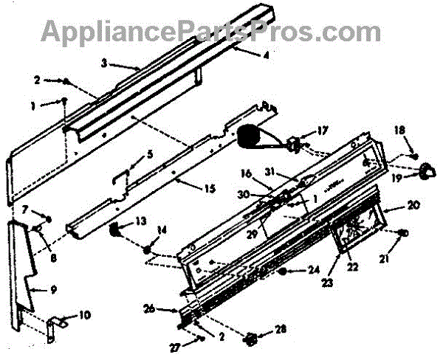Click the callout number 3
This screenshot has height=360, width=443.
105,63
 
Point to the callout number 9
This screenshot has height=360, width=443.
53,289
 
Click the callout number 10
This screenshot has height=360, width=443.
85,314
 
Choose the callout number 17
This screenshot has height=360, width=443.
322,131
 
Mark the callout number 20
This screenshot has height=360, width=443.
413,204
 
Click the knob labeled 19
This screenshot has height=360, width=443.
424,173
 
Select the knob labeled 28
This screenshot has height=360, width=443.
250,340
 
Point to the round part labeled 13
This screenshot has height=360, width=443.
117,232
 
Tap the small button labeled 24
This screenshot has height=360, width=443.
283,271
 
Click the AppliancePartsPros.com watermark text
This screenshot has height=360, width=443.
210,32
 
